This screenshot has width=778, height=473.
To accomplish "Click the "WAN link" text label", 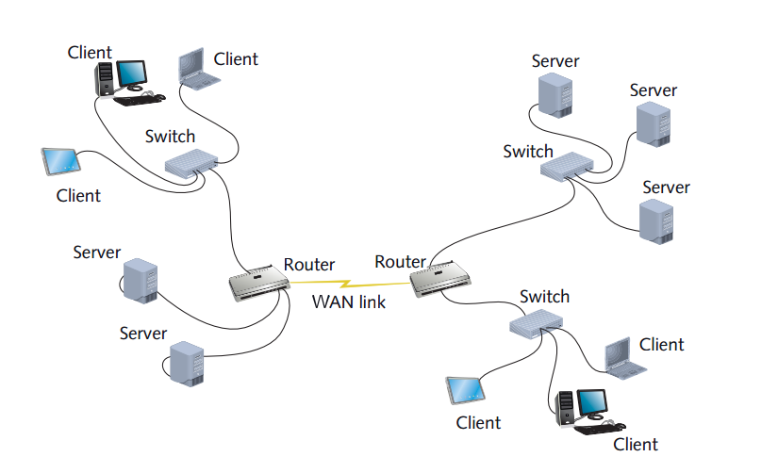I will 348,302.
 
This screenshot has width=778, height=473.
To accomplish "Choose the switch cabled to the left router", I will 191,164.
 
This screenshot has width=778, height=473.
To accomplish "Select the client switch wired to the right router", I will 536,325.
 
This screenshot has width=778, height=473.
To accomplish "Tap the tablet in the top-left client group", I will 61,162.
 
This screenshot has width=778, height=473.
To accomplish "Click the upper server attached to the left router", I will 141,281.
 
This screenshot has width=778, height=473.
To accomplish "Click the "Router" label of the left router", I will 309,265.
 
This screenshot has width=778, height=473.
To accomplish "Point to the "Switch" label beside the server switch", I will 528,151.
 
